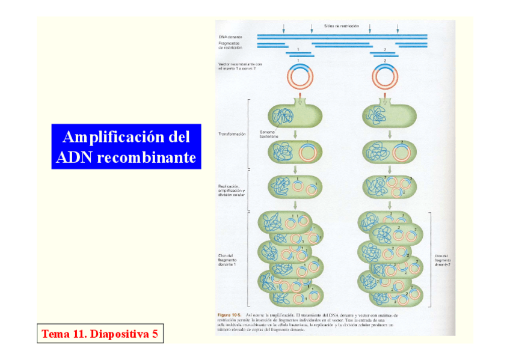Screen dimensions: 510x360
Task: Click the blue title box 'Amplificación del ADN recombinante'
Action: [x=126, y=147]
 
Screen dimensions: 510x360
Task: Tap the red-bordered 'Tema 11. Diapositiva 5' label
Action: [x=100, y=334]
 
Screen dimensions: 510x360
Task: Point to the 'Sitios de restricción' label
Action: [x=341, y=26]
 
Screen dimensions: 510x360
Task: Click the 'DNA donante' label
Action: [x=230, y=37]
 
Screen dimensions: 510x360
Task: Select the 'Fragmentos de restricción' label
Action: [x=231, y=46]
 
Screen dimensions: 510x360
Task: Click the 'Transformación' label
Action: [x=232, y=134]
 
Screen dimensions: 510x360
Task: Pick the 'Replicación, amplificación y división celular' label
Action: [x=232, y=191]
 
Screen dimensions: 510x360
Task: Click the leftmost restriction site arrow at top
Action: [x=284, y=29]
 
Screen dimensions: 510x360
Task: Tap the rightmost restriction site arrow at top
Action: [x=397, y=29]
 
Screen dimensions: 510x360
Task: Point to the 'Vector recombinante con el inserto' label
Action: [x=240, y=67]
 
